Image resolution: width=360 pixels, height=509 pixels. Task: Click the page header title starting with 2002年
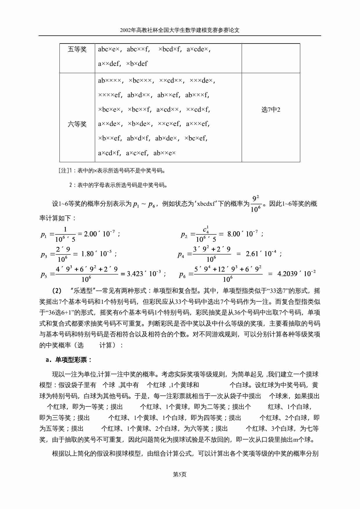[x=180, y=30]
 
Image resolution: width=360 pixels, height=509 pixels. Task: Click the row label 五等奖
[x=77, y=49]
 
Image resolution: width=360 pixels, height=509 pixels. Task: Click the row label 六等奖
[x=77, y=124]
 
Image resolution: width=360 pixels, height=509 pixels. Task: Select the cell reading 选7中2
[x=271, y=110]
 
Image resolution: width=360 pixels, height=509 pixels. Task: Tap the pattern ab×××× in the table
[x=109, y=81]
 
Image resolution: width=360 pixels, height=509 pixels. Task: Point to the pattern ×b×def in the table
[x=137, y=64]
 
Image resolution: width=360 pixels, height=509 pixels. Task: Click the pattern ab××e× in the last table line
[x=164, y=153]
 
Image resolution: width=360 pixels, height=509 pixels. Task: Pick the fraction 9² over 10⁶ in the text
[x=256, y=204]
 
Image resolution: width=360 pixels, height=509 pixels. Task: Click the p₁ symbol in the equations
[x=44, y=234]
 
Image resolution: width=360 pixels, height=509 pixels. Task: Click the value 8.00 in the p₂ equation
[x=234, y=234]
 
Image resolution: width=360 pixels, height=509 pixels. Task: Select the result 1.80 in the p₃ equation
[x=87, y=254]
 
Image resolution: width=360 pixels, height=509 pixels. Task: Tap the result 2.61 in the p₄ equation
[x=252, y=254]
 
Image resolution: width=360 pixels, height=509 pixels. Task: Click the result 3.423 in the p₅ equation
[x=135, y=274]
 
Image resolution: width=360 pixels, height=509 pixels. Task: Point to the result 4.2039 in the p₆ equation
[x=289, y=274]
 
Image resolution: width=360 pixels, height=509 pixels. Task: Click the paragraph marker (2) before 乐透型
[x=57, y=291]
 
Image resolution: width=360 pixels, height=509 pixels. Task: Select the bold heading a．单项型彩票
[x=69, y=360]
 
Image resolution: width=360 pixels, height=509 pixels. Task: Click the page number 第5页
[x=180, y=474]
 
